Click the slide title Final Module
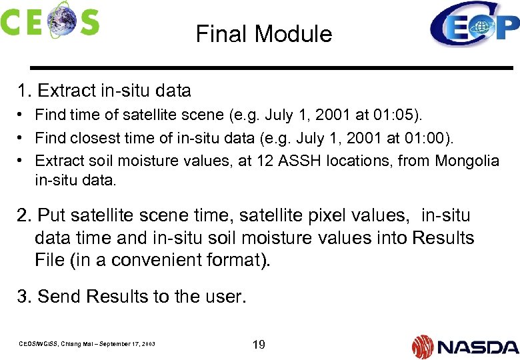[264, 33]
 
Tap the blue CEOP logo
[474, 25]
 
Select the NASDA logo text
[478, 347]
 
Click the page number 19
[259, 345]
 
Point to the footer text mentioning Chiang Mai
[86, 344]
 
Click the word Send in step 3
[59, 297]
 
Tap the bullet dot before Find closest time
[21, 138]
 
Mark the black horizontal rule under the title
[270, 68]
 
